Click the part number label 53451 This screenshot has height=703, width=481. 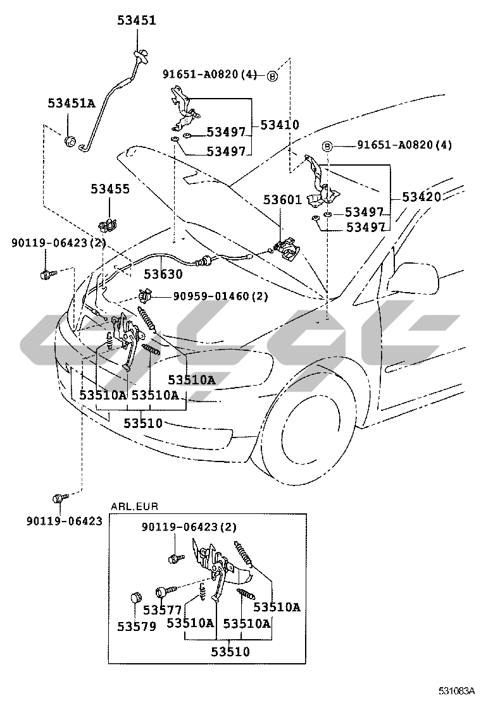point(136,21)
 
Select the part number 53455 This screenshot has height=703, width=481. point(109,188)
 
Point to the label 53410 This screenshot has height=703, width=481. point(280,125)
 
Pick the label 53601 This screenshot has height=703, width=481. point(282,200)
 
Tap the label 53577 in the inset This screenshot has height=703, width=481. point(162,610)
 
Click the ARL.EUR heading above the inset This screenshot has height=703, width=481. point(134,506)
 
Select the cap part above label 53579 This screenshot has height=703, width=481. point(135,597)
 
